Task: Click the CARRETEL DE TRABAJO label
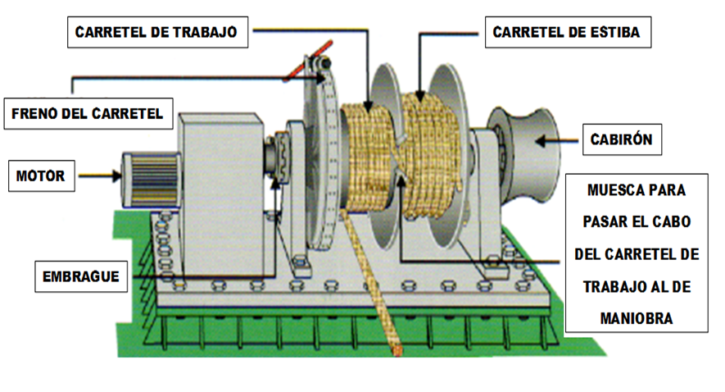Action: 156,32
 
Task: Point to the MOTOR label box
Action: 39,175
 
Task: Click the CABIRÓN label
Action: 621,139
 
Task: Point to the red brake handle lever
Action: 301,69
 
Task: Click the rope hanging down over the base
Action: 374,279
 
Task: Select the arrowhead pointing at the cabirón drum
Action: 543,141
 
